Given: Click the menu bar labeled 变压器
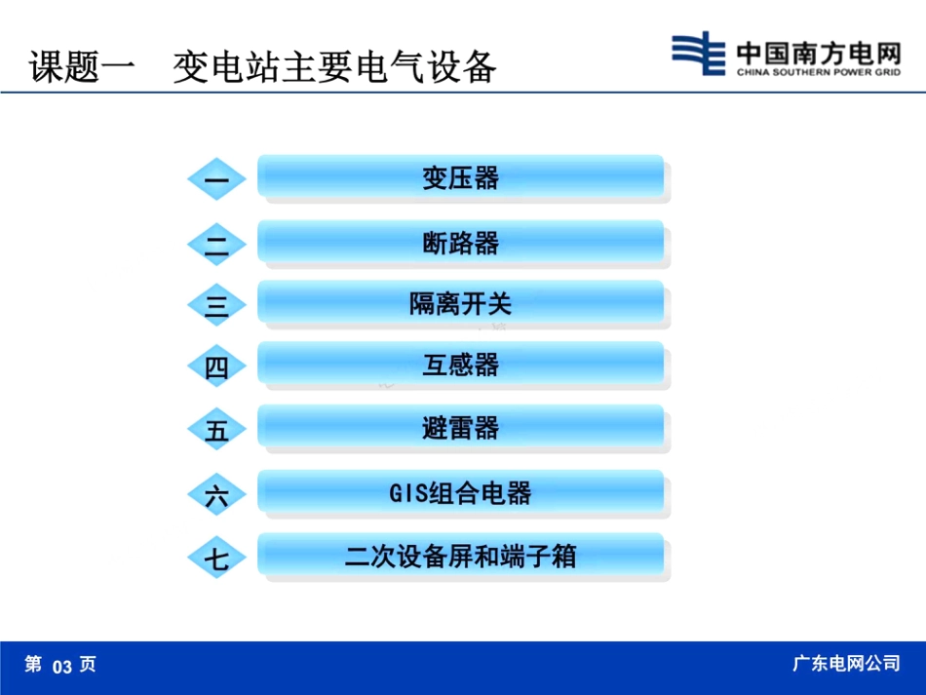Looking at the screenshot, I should (460, 177).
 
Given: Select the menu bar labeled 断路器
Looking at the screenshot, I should (460, 242).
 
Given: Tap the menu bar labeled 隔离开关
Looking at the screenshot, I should (460, 303).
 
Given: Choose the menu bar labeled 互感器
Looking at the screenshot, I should (460, 365).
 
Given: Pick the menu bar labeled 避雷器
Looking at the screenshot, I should (460, 428).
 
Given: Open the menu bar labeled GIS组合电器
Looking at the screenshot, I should (460, 492).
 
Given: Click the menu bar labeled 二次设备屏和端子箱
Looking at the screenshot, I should (460, 556).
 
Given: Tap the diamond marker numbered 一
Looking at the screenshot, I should (216, 179).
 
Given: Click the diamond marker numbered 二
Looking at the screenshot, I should (216, 243).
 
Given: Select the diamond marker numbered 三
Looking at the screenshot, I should (216, 305).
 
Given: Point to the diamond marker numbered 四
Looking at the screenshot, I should (216, 367).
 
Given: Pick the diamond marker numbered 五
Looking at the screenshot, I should (216, 430).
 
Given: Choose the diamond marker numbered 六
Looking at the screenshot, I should (216, 494).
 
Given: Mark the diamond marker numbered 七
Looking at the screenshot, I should (216, 558).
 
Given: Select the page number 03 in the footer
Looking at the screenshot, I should (62, 667).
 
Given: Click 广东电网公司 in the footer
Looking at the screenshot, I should (846, 664).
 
